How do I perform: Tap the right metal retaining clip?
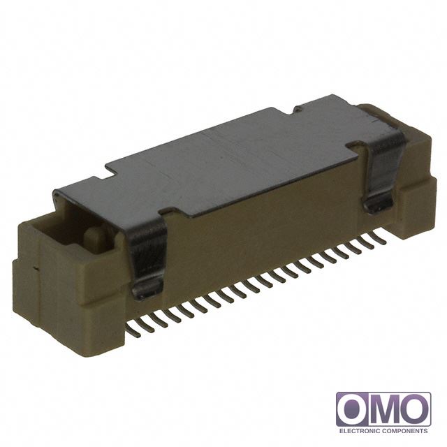(x=382, y=171)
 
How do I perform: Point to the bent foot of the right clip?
(x=379, y=205)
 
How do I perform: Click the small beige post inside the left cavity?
(x=95, y=237)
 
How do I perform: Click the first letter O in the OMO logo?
(x=353, y=410)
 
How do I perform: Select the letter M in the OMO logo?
(x=383, y=410)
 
